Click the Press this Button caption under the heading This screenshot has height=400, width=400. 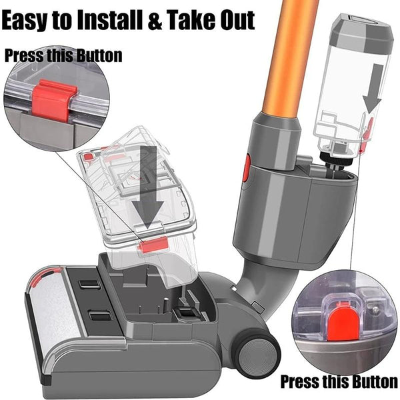pyautogui.click(x=63, y=55)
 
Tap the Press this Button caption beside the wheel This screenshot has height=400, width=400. pyautogui.click(x=338, y=382)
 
